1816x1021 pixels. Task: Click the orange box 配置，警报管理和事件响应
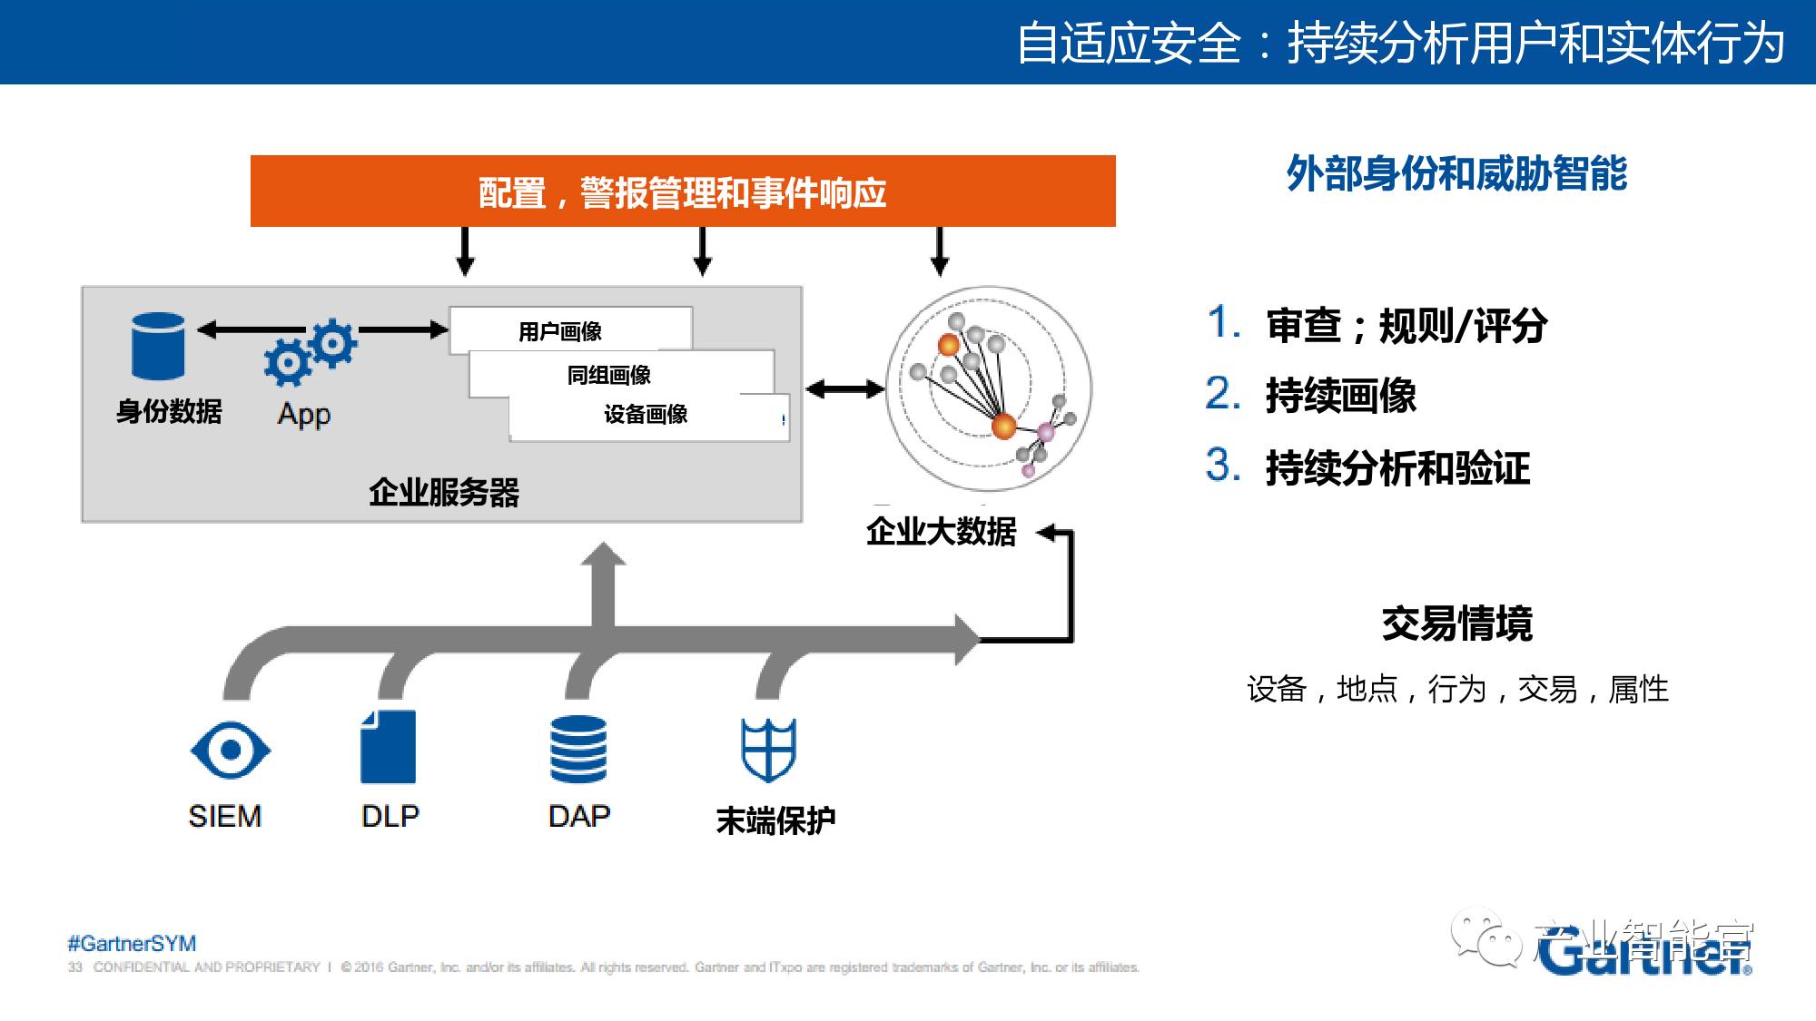point(683,191)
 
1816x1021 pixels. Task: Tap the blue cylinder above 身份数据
point(158,346)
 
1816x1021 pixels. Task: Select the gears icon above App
point(311,353)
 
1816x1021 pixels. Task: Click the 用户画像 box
point(569,330)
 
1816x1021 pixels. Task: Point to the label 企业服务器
point(444,493)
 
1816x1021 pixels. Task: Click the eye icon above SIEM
point(231,750)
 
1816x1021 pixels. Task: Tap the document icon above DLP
point(389,747)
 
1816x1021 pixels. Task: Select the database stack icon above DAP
point(578,749)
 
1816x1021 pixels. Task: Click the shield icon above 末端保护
point(768,750)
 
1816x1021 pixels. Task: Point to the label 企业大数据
point(941,532)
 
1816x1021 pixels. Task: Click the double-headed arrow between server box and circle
point(844,390)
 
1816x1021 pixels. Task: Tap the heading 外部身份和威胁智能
point(1456,174)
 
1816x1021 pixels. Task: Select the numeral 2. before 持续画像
point(1222,395)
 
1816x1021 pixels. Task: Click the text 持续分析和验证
point(1398,468)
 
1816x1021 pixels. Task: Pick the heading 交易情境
point(1456,624)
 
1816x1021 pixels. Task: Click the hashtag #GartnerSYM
point(132,943)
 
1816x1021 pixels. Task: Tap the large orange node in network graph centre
point(1003,426)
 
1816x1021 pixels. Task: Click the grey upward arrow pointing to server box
point(603,581)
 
